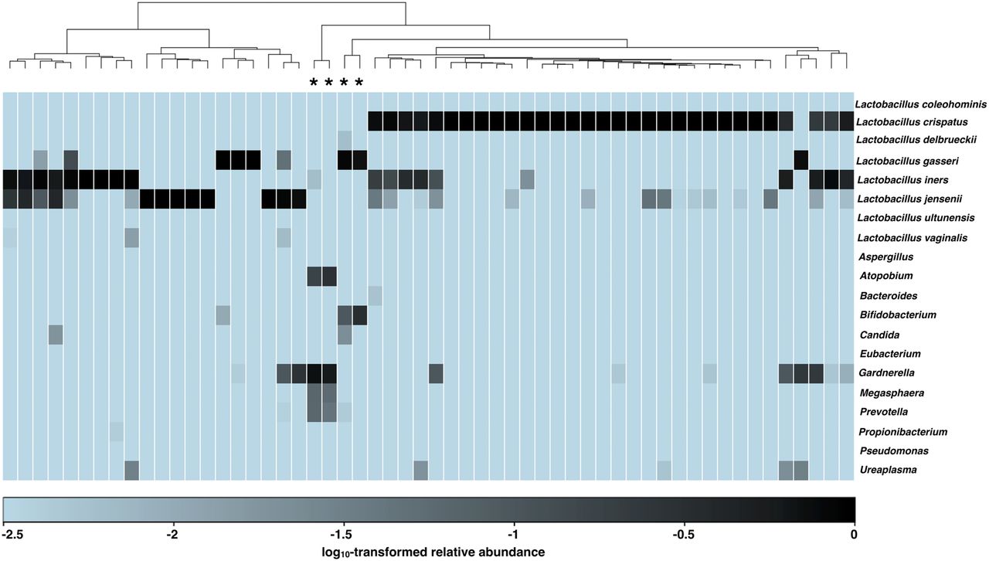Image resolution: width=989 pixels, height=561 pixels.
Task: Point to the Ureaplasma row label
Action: tap(883, 469)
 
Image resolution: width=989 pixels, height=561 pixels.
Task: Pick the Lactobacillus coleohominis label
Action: tap(919, 104)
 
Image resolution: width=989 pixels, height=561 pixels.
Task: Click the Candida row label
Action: tap(878, 335)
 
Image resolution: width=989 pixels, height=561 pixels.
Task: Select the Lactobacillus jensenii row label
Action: tap(911, 199)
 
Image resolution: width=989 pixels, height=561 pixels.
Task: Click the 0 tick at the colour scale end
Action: tap(853, 534)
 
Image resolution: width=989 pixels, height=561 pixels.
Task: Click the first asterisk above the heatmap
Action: tap(314, 83)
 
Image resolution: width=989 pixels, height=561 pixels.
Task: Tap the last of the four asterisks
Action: tap(358, 83)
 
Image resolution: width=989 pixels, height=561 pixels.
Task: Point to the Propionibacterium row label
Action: tap(903, 431)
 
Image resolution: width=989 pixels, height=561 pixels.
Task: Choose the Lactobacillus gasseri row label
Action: tap(909, 161)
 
